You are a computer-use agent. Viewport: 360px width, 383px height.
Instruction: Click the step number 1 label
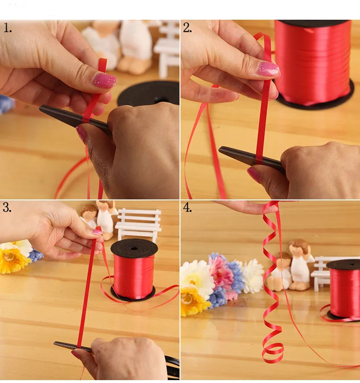coord(8,28)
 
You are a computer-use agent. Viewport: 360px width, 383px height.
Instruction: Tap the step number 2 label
coord(187,28)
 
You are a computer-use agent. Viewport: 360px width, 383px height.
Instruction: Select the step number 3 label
coord(7,208)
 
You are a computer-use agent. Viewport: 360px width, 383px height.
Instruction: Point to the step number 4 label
coord(187,208)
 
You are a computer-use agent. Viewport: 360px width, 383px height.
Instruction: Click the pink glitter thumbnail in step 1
coord(105,80)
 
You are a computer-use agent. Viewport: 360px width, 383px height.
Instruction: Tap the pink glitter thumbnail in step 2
coord(268,69)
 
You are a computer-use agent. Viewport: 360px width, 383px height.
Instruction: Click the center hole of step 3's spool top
coord(133,248)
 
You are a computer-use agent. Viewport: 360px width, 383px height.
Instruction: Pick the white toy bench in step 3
coord(138,223)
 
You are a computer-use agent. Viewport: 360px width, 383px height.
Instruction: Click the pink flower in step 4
coord(221,271)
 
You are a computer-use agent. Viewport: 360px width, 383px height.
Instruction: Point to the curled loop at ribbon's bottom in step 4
coord(273,353)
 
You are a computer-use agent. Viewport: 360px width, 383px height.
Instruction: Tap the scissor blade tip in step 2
coord(220,149)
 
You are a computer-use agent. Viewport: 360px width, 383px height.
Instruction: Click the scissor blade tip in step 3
coord(55,344)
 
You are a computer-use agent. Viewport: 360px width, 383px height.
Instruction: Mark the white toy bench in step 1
coord(168,49)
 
